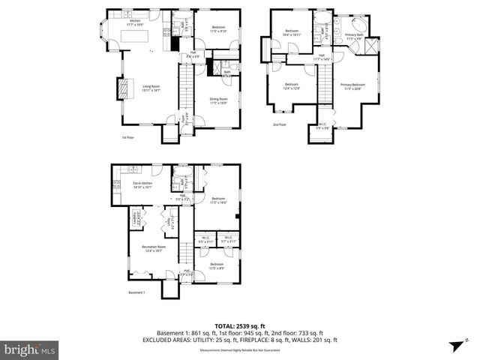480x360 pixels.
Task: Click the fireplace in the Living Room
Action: (x=118, y=89)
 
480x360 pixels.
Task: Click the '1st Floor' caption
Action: (x=127, y=138)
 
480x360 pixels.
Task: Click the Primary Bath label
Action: (x=355, y=37)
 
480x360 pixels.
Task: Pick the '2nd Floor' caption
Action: (x=279, y=124)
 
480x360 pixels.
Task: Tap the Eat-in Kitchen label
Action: (x=142, y=185)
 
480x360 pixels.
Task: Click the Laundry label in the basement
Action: (x=136, y=220)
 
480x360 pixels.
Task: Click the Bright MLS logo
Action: (x=29, y=349)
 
